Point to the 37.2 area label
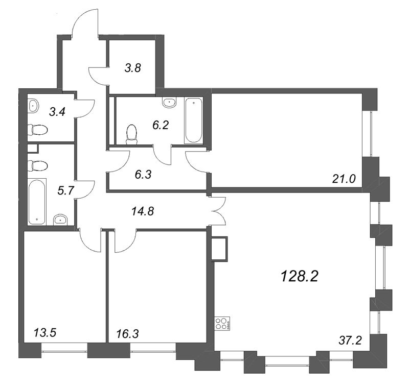351,339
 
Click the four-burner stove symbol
221,323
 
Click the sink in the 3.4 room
33,106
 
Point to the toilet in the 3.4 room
36,130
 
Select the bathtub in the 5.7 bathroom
37,202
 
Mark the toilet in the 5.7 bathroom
37,165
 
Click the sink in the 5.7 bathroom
61,220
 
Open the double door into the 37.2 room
217,211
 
